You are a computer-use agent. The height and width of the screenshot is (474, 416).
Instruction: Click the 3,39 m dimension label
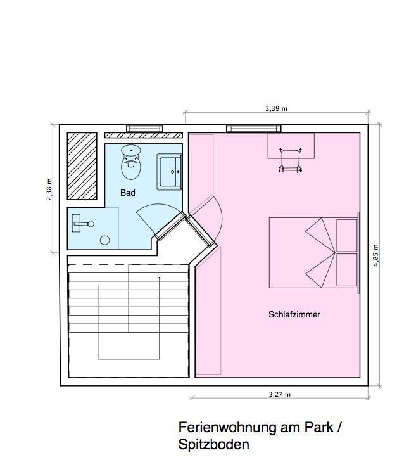tap(276, 108)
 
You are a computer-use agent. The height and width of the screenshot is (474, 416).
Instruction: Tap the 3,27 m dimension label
tap(280, 394)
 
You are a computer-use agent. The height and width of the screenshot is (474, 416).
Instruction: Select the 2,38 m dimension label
tap(49, 189)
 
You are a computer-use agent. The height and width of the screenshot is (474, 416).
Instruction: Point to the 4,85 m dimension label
tap(375, 255)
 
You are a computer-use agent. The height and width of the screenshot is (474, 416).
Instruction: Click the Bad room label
tap(127, 193)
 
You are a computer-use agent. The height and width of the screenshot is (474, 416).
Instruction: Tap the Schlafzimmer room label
tap(294, 314)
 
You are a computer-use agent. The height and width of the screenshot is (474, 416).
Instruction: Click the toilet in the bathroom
tap(131, 162)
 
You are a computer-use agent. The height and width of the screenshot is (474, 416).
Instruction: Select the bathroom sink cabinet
tap(169, 172)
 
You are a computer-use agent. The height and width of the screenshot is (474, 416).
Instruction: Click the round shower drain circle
tap(105, 240)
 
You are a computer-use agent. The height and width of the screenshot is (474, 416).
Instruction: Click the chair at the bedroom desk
tap(291, 160)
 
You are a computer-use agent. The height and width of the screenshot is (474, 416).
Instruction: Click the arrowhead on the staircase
tap(160, 277)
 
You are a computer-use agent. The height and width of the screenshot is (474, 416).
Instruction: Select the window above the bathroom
tap(145, 129)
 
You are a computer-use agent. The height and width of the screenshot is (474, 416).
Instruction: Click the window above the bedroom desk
tap(254, 129)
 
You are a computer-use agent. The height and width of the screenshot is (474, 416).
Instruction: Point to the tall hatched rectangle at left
tap(82, 166)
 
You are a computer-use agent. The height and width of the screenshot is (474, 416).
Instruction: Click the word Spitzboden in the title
tap(213, 444)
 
